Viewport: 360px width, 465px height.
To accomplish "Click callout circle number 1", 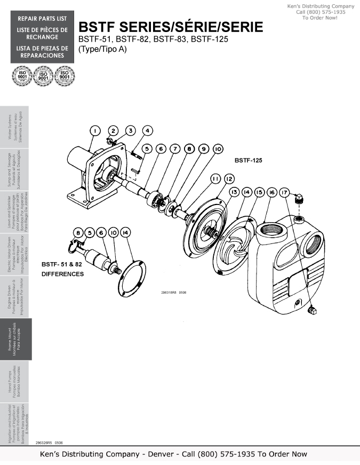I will (x=94, y=131).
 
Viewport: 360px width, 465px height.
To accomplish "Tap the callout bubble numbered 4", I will (x=148, y=130).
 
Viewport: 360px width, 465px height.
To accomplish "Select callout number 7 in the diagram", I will (x=175, y=149).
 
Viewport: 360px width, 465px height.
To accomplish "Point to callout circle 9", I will (x=203, y=149).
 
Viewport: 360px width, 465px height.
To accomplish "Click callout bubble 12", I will (x=229, y=178).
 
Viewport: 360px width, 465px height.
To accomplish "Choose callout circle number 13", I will (x=234, y=192).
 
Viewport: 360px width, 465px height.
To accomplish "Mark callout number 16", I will (x=272, y=192).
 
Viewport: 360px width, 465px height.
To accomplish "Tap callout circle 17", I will (x=285, y=192).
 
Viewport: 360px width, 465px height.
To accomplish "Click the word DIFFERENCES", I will (x=62, y=274).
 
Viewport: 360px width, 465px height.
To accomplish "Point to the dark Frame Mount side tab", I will (x=16, y=339).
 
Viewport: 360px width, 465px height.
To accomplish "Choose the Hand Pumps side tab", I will (x=16, y=381).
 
